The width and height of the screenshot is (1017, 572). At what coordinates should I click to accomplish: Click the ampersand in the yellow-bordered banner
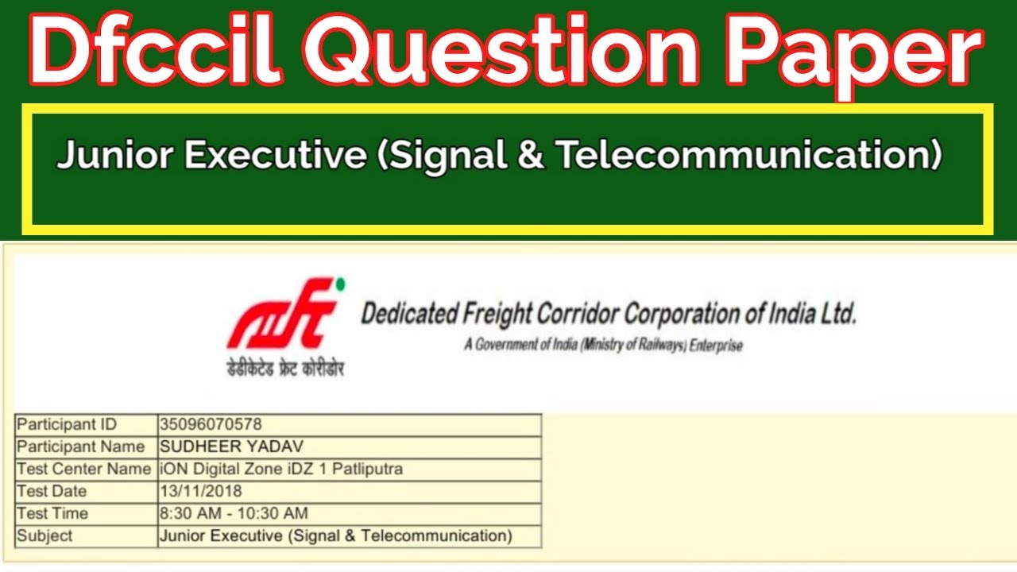pyautogui.click(x=529, y=155)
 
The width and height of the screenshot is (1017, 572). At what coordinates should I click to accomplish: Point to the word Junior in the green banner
pyautogui.click(x=111, y=155)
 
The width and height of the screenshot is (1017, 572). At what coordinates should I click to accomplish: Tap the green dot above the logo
pyautogui.click(x=341, y=283)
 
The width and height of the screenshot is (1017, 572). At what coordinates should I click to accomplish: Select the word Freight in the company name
pyautogui.click(x=490, y=314)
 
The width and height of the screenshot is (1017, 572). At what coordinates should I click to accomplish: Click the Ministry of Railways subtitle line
pyautogui.click(x=604, y=346)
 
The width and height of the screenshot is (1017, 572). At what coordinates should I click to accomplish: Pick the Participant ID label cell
pyautogui.click(x=67, y=424)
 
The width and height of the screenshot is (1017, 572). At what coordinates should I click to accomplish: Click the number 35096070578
pyautogui.click(x=211, y=424)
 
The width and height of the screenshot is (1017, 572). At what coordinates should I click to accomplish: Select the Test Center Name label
pyautogui.click(x=83, y=469)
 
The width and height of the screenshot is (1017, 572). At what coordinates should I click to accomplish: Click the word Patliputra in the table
pyautogui.click(x=367, y=469)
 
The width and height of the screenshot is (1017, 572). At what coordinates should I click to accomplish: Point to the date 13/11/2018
pyautogui.click(x=201, y=491)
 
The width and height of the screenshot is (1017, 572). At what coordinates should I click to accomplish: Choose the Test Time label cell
pyautogui.click(x=52, y=513)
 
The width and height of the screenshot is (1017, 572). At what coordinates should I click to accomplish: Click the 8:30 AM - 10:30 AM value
pyautogui.click(x=234, y=513)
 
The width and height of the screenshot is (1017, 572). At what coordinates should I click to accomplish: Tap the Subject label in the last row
pyautogui.click(x=44, y=535)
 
